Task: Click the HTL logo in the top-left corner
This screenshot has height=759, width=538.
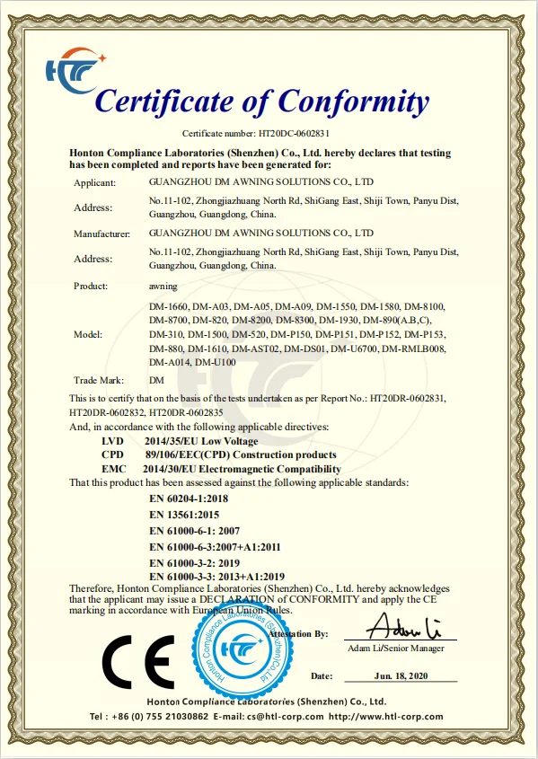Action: [x=77, y=69]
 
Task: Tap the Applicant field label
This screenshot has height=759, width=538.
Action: [x=94, y=182]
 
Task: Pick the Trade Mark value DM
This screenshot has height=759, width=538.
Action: [x=155, y=381]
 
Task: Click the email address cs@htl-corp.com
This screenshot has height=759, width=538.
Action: [x=277, y=716]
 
